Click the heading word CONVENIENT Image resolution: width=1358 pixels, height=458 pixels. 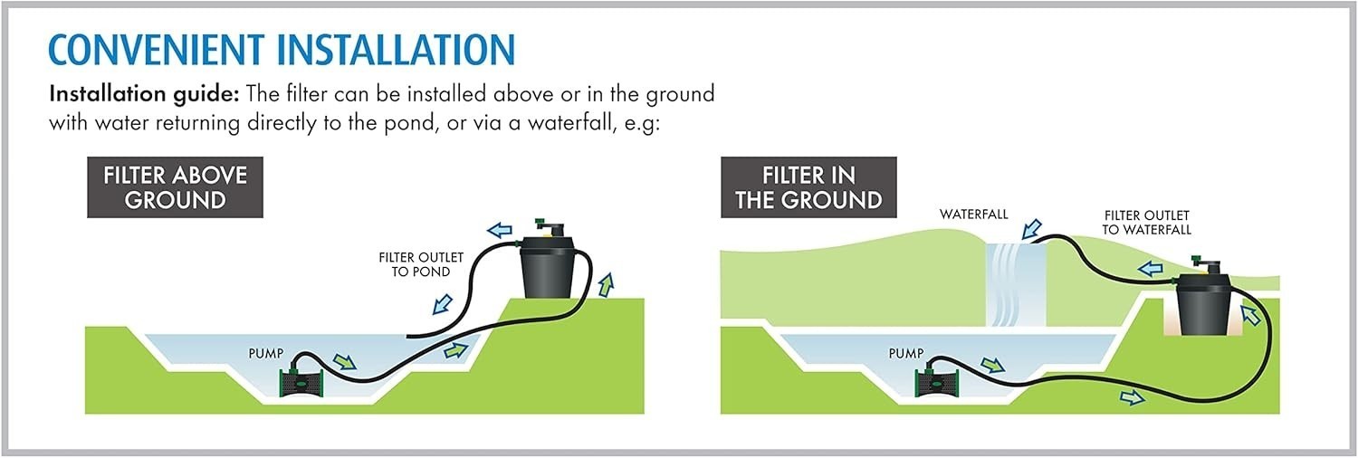[x=157, y=50]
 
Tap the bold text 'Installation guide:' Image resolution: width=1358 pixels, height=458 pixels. [x=146, y=95]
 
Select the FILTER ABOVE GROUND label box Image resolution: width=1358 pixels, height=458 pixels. [x=176, y=187]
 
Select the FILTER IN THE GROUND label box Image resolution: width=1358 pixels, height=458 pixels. [x=808, y=187]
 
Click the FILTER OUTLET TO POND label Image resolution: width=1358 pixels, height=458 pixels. [x=421, y=264]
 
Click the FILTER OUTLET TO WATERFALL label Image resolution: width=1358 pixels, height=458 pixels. [x=1146, y=223]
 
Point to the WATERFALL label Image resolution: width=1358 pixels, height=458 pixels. [x=973, y=214]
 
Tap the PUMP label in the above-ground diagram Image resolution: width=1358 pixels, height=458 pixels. [x=265, y=353]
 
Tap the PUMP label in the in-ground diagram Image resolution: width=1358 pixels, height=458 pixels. [x=905, y=353]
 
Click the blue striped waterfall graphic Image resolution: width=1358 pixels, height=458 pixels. [x=1016, y=285]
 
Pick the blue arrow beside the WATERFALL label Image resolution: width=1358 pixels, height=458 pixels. [x=1031, y=230]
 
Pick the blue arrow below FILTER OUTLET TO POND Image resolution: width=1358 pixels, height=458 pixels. [x=443, y=304]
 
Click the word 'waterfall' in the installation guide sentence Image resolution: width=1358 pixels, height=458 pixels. [x=569, y=123]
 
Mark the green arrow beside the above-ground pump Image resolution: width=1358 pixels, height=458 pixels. [x=344, y=362]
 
